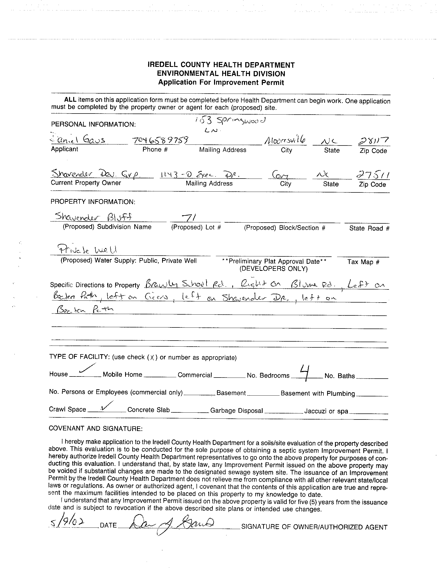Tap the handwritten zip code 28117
point(373,141)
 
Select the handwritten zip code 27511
point(373,175)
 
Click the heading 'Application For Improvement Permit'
point(221,83)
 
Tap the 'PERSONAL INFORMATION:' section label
point(93,124)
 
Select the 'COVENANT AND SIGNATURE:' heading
point(95,428)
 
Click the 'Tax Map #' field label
point(363,262)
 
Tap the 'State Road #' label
point(369,228)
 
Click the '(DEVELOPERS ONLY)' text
point(273,269)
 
